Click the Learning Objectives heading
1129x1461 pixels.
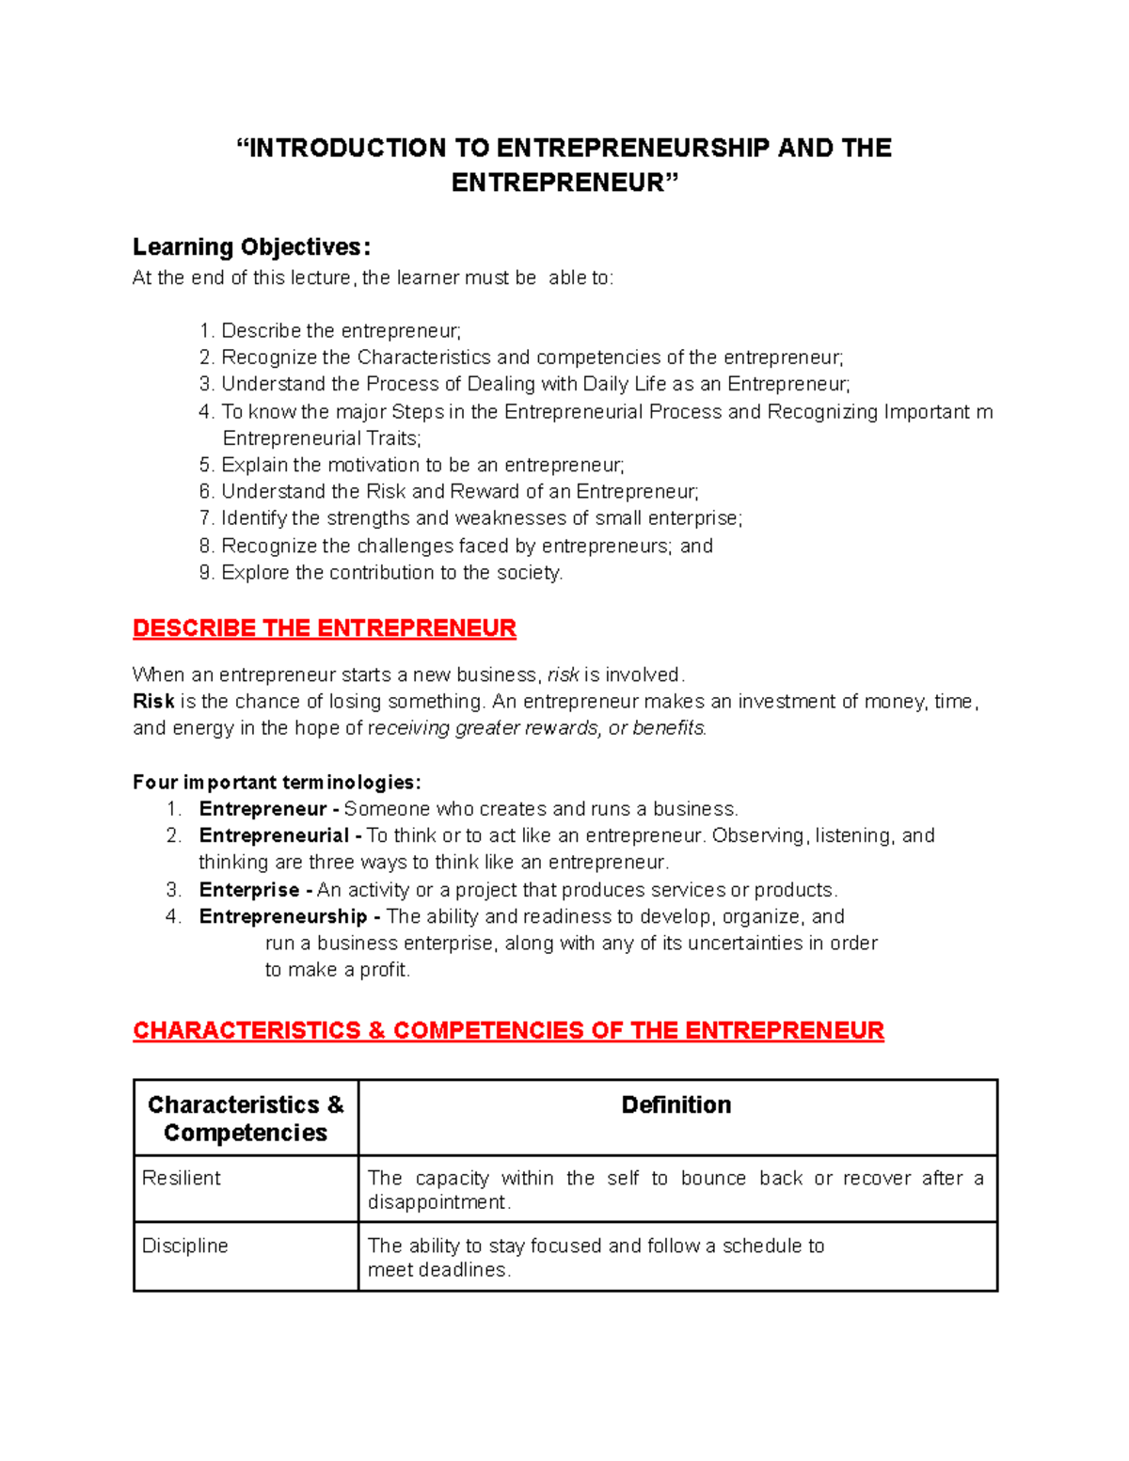pyautogui.click(x=251, y=247)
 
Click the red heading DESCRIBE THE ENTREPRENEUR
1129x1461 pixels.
pyautogui.click(x=324, y=628)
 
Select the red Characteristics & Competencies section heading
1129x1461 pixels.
pyautogui.click(x=508, y=1031)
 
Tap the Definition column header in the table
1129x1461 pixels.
pyautogui.click(x=676, y=1105)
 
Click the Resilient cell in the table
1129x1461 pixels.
pyautogui.click(x=182, y=1179)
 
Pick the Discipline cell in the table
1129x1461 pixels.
pyautogui.click(x=185, y=1247)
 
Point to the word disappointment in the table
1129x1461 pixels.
pyautogui.click(x=437, y=1203)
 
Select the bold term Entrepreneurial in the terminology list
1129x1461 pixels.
pyautogui.click(x=274, y=836)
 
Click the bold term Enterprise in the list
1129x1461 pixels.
pyautogui.click(x=248, y=890)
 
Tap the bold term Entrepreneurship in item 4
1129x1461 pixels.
pyautogui.click(x=282, y=917)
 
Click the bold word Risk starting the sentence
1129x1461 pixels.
pyautogui.click(x=153, y=702)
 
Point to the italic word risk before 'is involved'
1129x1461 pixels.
pyautogui.click(x=563, y=675)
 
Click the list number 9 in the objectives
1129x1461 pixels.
pyautogui.click(x=206, y=573)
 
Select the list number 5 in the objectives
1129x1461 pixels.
pyautogui.click(x=206, y=466)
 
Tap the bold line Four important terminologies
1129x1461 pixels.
pyautogui.click(x=277, y=783)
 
